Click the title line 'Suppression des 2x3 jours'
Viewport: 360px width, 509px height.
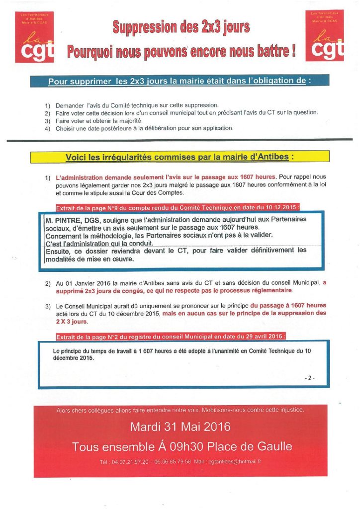(x=181, y=27)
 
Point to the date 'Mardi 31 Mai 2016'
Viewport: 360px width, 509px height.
(x=180, y=427)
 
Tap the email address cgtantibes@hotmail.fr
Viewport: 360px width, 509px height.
(x=237, y=462)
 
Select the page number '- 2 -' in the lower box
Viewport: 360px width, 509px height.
(x=309, y=378)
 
